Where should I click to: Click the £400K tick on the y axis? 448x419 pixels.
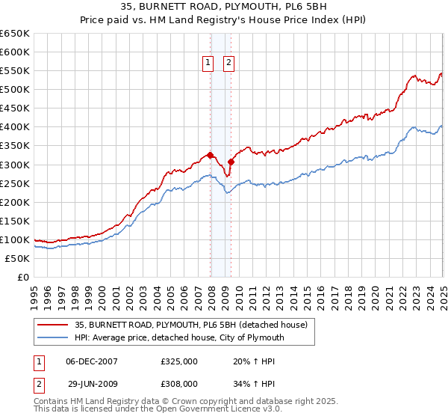[14, 127]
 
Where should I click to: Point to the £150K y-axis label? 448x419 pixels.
[14, 221]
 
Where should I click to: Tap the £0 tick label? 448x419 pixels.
[22, 277]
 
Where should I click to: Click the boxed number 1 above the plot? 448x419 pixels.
[208, 64]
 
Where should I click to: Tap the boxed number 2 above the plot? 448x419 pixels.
[228, 64]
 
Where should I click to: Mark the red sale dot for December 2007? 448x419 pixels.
[211, 156]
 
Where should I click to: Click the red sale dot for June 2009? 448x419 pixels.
[231, 162]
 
